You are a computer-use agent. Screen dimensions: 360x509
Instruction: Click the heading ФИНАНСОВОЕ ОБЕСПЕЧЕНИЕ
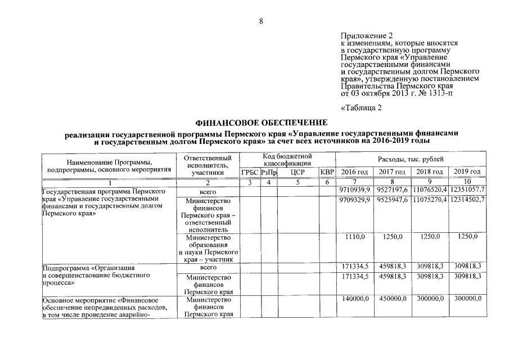[x=260, y=122]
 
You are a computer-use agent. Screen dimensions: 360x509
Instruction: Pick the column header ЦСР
[x=298, y=172]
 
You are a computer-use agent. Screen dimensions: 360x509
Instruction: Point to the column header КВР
[x=327, y=172]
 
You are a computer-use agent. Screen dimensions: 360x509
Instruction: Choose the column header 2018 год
[x=430, y=172]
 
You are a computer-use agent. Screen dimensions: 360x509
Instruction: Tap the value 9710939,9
[x=355, y=191]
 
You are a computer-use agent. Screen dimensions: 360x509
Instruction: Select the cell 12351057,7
[x=467, y=191]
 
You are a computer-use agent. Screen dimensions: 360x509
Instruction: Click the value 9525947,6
[x=392, y=200]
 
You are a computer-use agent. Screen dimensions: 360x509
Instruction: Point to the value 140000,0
[x=355, y=298]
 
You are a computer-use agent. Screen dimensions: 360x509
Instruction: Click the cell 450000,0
[x=392, y=298]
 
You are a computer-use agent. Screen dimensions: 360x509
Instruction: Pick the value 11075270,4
[x=430, y=200]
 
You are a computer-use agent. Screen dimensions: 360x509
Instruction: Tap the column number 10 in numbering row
[x=467, y=182]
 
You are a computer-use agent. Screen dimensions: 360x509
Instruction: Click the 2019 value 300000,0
[x=467, y=298]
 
